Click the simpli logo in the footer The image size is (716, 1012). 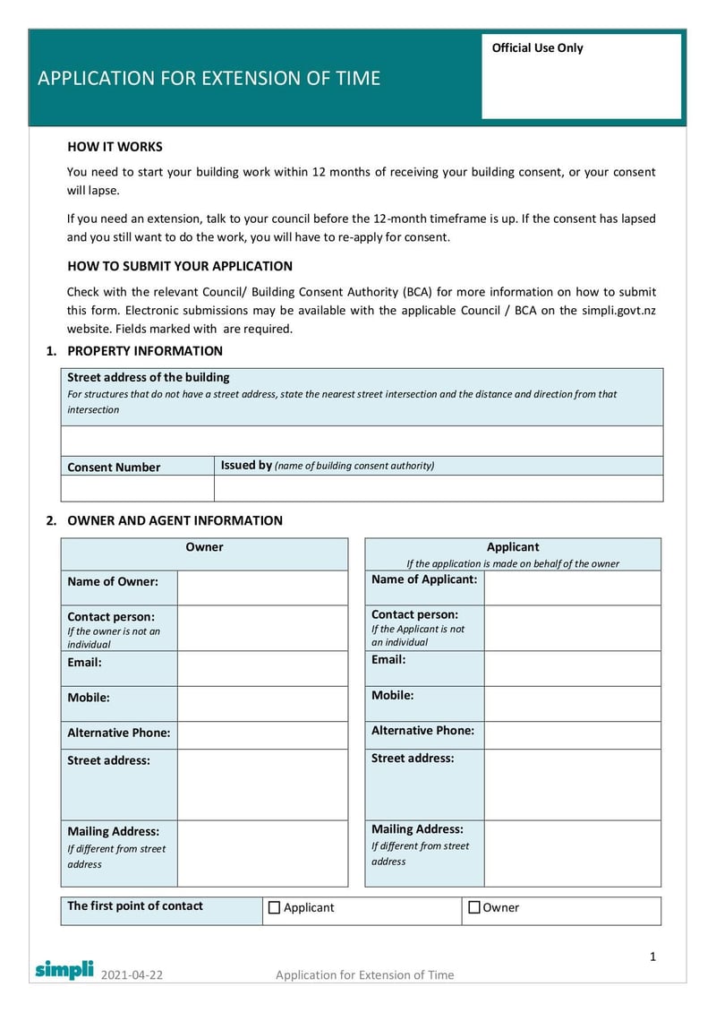pyautogui.click(x=64, y=969)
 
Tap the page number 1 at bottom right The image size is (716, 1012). pyautogui.click(x=653, y=956)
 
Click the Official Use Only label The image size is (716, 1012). pyautogui.click(x=537, y=48)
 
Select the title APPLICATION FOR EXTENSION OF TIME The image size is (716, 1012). pyautogui.click(x=209, y=79)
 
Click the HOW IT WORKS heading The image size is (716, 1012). pyautogui.click(x=115, y=147)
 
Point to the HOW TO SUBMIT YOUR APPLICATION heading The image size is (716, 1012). pyautogui.click(x=180, y=266)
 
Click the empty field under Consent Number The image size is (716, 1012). pyautogui.click(x=137, y=488)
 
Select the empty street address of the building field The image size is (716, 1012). pyautogui.click(x=362, y=442)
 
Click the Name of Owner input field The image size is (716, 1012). pyautogui.click(x=261, y=587)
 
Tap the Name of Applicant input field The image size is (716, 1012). pyautogui.click(x=572, y=587)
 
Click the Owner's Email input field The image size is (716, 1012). pyautogui.click(x=261, y=668)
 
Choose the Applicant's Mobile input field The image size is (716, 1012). pyautogui.click(x=572, y=704)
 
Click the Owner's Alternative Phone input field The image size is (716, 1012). pyautogui.click(x=261, y=735)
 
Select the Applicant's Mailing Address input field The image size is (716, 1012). pyautogui.click(x=572, y=853)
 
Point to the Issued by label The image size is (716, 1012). pyautogui.click(x=246, y=466)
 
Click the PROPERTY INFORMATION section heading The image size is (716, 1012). pyautogui.click(x=145, y=351)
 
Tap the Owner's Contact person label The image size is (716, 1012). pyautogui.click(x=111, y=617)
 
